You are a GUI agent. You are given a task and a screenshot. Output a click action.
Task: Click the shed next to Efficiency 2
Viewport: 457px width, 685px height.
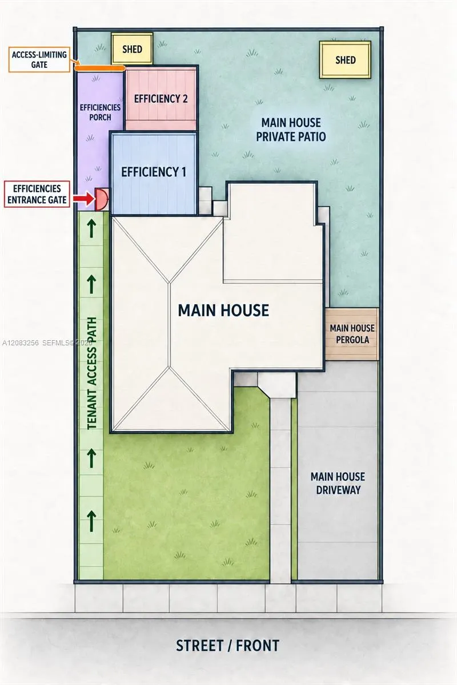pyautogui.click(x=132, y=49)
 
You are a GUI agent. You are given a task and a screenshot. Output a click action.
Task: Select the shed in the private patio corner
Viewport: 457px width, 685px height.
pyautogui.click(x=345, y=59)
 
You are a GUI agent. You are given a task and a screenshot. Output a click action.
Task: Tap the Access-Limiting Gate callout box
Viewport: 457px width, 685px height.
pyautogui.click(x=39, y=59)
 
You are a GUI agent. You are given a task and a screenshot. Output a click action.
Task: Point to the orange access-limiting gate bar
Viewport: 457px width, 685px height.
pyautogui.click(x=100, y=68)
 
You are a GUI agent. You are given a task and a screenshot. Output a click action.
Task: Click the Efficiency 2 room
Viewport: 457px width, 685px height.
pyautogui.click(x=161, y=98)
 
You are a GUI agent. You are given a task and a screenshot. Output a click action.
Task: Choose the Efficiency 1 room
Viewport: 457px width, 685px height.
pyautogui.click(x=153, y=173)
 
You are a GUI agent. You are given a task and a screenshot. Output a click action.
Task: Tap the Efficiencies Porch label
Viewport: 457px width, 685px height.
pyautogui.click(x=100, y=112)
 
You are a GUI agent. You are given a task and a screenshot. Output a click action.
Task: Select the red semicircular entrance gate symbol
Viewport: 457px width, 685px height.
pyautogui.click(x=101, y=199)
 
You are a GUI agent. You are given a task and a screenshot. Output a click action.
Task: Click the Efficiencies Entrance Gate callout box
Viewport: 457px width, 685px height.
pyautogui.click(x=37, y=194)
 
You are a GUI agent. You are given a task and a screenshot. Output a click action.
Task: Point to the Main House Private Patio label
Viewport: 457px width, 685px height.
pyautogui.click(x=291, y=130)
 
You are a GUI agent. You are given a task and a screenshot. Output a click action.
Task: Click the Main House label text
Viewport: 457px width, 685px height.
pyautogui.click(x=223, y=310)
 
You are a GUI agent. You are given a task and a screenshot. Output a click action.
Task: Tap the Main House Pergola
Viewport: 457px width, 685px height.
pyautogui.click(x=352, y=334)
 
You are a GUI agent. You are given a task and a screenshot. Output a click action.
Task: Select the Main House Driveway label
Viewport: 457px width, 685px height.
pyautogui.click(x=338, y=483)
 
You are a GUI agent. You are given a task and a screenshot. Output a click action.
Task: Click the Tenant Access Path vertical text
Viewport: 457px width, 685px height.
pyautogui.click(x=92, y=374)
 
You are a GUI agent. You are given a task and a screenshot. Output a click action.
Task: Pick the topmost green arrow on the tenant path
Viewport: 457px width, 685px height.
pyautogui.click(x=91, y=228)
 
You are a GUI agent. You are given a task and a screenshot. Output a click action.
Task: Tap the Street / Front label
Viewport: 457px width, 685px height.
pyautogui.click(x=228, y=646)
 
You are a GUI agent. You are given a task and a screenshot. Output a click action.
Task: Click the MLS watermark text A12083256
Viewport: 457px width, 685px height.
pyautogui.click(x=21, y=343)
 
